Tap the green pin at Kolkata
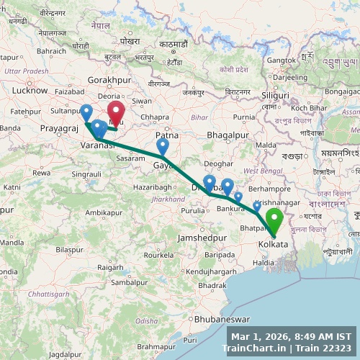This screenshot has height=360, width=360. coord(274,220)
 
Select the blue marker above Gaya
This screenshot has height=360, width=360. coord(163,146)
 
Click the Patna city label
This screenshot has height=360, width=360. coord(166,135)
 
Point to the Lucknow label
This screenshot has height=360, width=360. coord(30,91)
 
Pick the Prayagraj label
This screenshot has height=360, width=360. coord(58,128)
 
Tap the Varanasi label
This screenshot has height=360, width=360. coord(97,145)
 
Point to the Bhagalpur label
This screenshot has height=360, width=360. coord(228,135)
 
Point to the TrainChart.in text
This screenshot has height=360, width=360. coord(252,348)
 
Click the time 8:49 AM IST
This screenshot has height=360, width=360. coord(317,336)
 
